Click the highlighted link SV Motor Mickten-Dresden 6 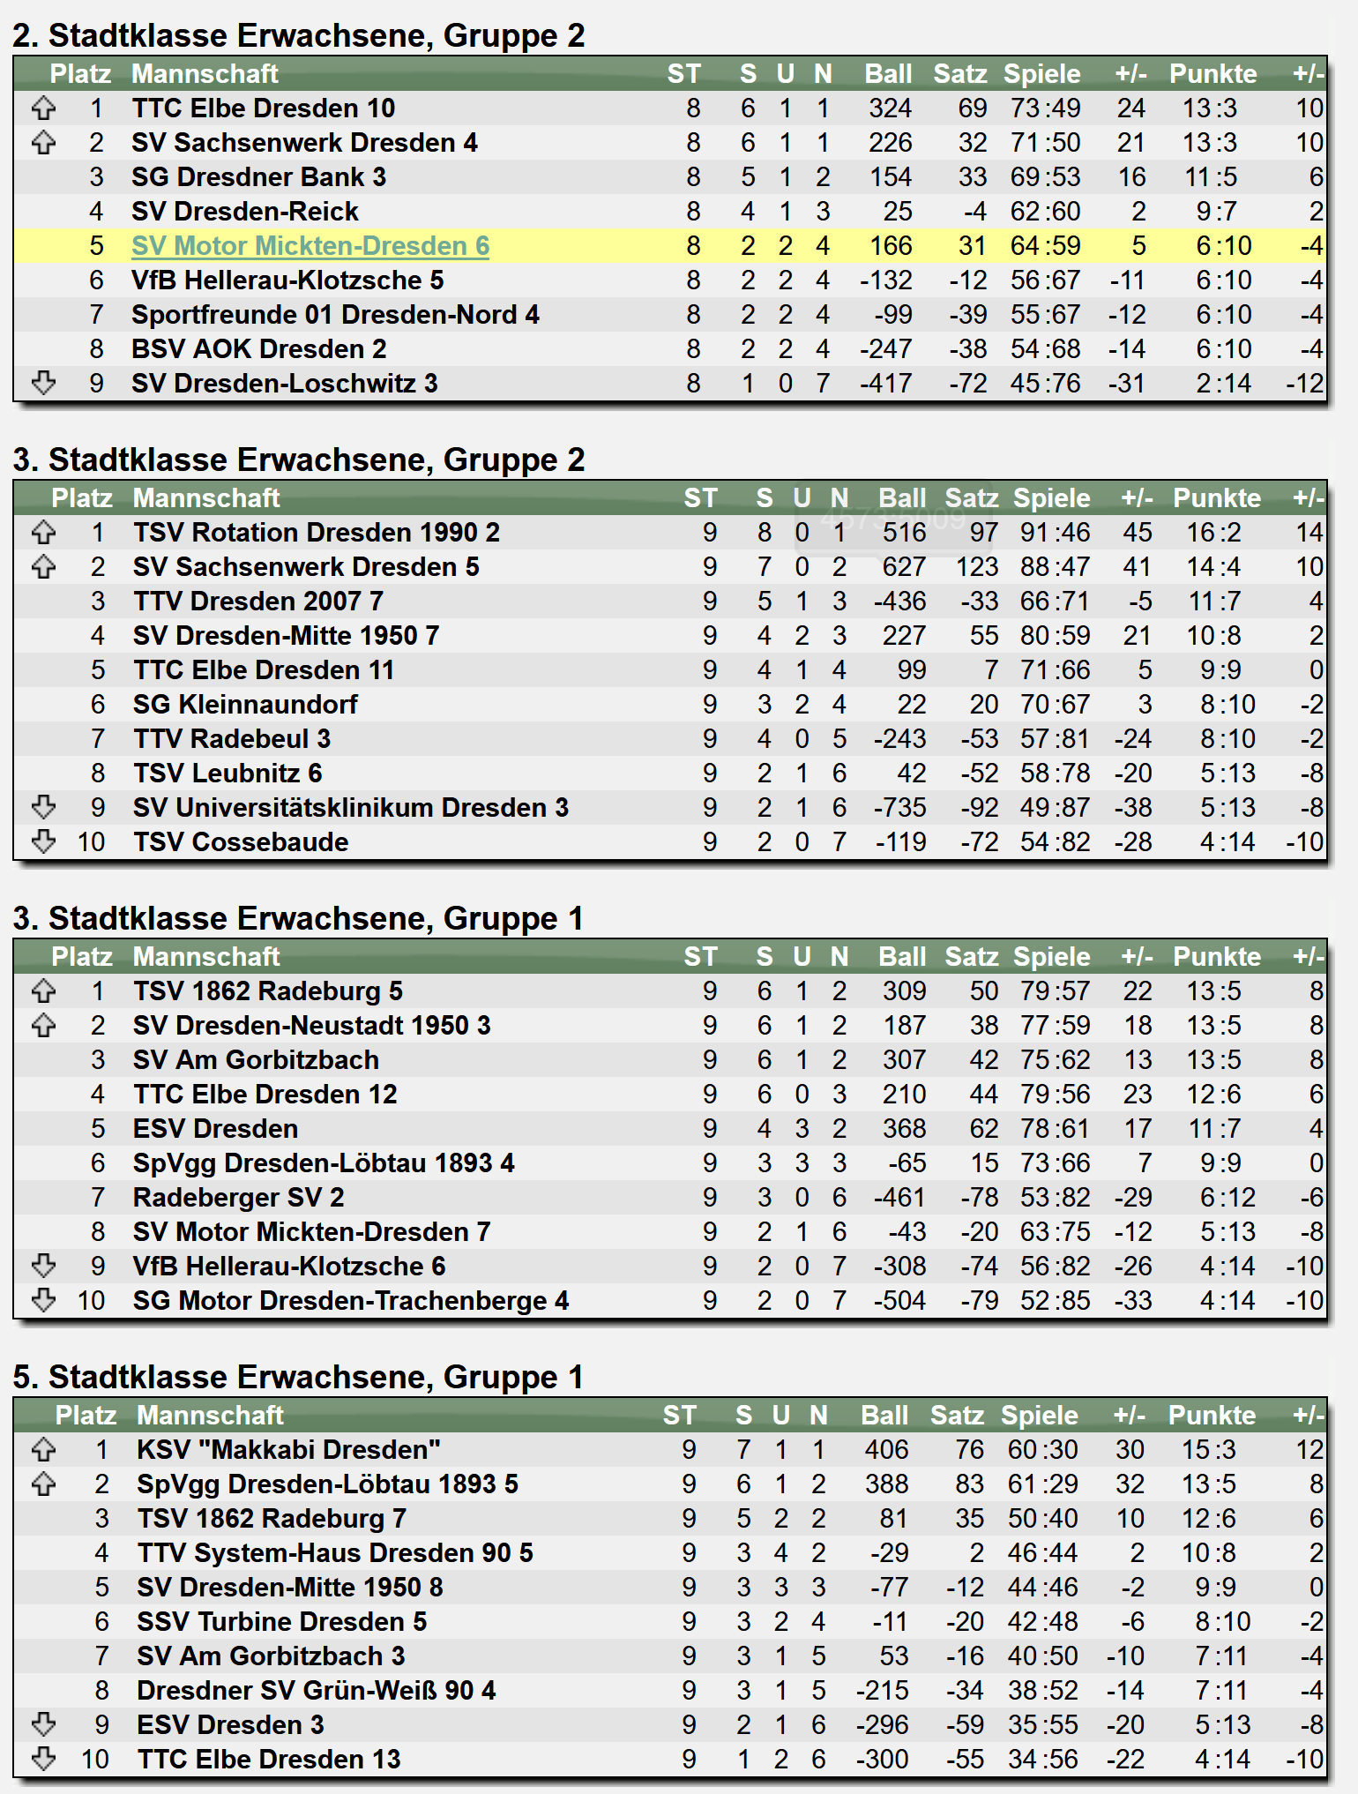pos(310,246)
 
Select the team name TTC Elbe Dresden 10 pos(263,108)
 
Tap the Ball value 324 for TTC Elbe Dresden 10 pos(890,108)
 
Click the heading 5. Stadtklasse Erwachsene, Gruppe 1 pos(298,1377)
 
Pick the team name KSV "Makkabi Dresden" pos(288,1450)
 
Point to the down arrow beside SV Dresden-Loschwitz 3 pos(43,383)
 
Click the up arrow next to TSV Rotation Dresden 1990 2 pos(43,533)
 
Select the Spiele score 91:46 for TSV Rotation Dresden pos(1055,533)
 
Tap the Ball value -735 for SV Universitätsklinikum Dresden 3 pos(899,808)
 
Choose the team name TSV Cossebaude pos(241,842)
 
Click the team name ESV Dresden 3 pos(230,1725)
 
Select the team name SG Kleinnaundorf pos(245,705)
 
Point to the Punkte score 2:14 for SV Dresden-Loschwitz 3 pos(1223,384)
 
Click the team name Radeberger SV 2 pos(238,1198)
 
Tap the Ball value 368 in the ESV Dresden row pos(904,1129)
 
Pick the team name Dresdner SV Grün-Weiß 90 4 pos(316,1691)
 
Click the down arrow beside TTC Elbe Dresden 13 pos(43,1759)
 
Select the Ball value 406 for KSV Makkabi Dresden pos(886,1450)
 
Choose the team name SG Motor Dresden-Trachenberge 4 pos(350,1301)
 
